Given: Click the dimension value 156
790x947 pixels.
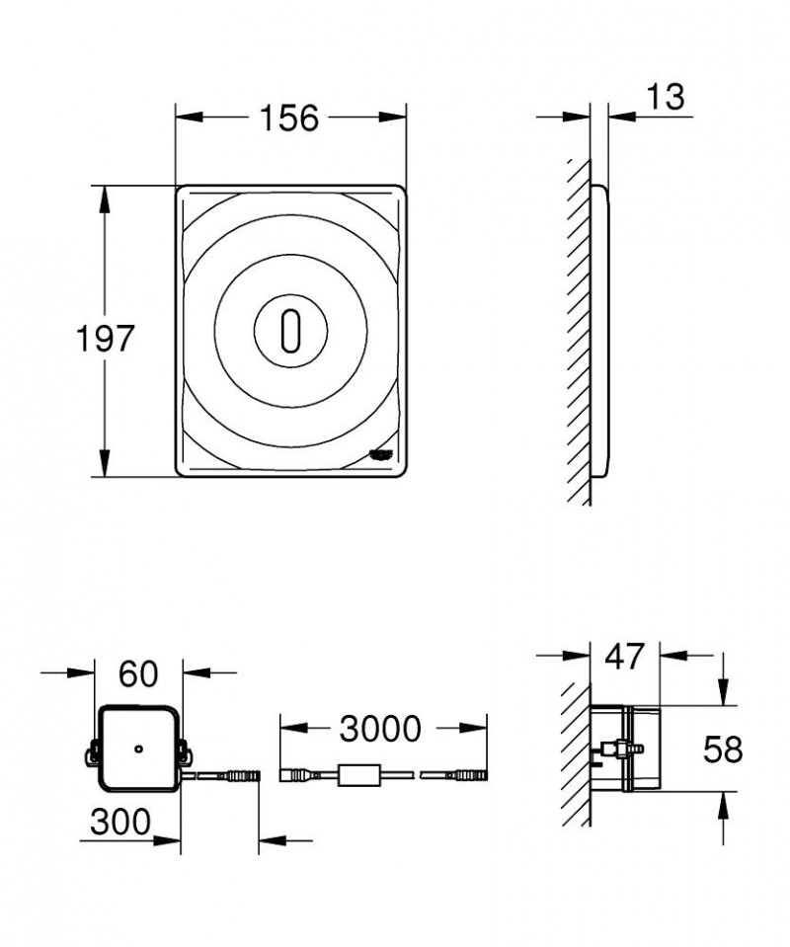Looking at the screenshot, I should pos(289,119).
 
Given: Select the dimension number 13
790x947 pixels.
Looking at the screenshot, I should pos(666,98).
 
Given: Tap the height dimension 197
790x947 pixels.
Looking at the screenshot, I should pos(106,339).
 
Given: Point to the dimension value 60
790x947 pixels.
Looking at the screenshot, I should pos(138,674).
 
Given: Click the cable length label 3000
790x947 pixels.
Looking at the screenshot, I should pos(380,730).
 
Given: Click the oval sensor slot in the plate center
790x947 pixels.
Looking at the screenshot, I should pos(289,331).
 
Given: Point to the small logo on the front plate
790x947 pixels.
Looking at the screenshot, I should pos(380,453).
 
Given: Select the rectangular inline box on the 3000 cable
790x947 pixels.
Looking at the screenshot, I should pos(356,776).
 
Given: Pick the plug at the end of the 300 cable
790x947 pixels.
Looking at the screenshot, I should pos(242,777).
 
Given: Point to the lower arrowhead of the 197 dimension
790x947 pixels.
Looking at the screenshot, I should pos(103,466).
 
